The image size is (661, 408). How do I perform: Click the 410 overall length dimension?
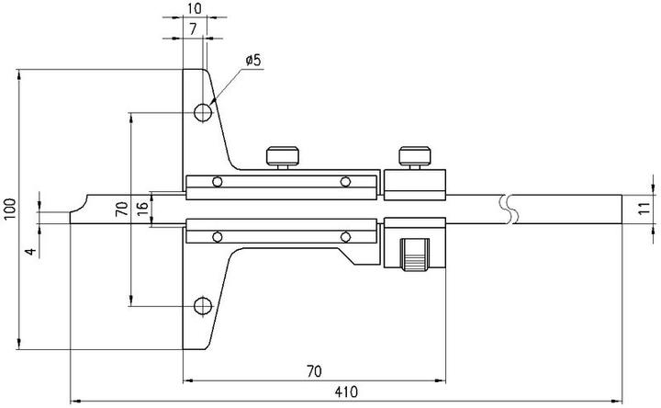(x=345, y=392)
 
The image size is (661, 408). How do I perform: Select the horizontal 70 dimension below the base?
(x=313, y=371)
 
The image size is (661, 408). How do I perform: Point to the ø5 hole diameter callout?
(x=252, y=61)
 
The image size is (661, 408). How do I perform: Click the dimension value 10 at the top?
(x=193, y=8)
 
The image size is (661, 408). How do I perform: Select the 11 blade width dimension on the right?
(x=644, y=208)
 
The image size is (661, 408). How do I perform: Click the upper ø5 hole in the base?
(x=203, y=112)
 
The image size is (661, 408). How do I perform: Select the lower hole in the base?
(x=203, y=304)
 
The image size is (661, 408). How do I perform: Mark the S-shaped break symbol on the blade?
(x=508, y=208)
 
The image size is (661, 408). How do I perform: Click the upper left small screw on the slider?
(x=217, y=181)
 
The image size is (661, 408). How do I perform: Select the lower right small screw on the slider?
(x=345, y=236)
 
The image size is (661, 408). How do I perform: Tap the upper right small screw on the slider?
(x=345, y=181)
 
